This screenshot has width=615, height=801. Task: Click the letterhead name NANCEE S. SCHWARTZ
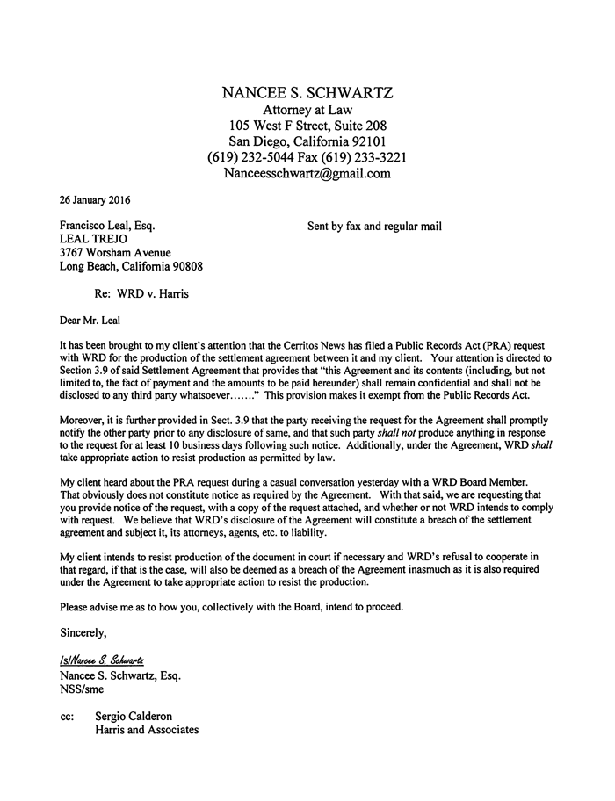click(x=307, y=93)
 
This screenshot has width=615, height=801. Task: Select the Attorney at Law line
click(x=307, y=110)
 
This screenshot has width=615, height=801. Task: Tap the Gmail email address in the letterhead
click(x=307, y=173)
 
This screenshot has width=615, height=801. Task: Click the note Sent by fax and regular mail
click(x=374, y=226)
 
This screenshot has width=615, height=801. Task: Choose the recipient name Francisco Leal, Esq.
click(x=107, y=226)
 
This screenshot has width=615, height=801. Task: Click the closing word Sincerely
click(x=84, y=631)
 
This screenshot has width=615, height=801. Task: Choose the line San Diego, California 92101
click(x=307, y=141)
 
